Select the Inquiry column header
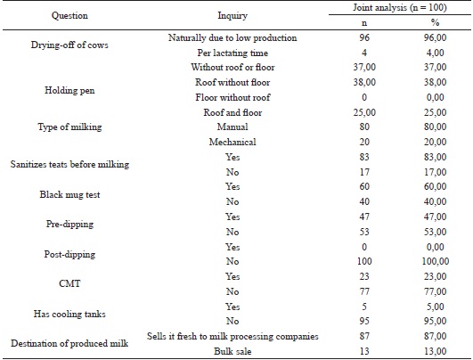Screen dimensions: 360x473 [232, 16]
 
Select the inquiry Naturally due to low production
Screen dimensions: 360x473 [232, 39]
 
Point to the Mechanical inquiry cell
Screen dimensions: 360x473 [232, 142]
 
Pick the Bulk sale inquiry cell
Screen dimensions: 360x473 [232, 350]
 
